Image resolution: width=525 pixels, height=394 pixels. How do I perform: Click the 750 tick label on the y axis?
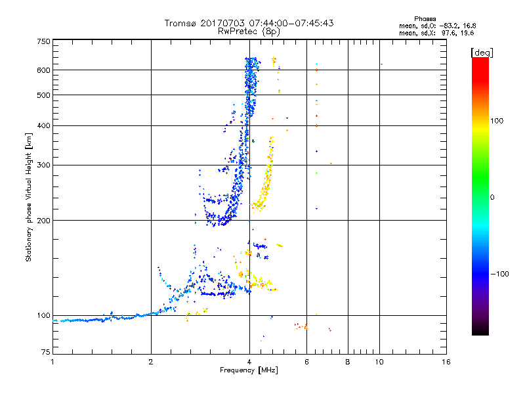click(x=43, y=41)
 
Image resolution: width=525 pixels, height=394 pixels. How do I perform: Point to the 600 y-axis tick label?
click(x=43, y=70)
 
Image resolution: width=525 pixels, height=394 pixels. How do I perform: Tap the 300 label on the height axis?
click(x=43, y=165)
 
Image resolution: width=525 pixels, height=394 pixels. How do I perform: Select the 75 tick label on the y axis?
click(x=45, y=354)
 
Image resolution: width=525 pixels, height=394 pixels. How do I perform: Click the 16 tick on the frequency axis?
click(x=446, y=362)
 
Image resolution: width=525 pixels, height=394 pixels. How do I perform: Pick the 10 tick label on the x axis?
click(x=379, y=362)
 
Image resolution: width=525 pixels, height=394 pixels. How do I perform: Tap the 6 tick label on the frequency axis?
click(x=306, y=362)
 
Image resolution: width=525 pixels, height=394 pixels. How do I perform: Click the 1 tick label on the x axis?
click(x=52, y=362)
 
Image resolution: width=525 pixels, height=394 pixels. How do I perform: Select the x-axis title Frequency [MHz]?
click(x=249, y=370)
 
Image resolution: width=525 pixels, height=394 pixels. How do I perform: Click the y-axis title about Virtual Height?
click(x=29, y=197)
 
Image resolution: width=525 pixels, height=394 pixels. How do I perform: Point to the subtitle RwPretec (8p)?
click(x=249, y=31)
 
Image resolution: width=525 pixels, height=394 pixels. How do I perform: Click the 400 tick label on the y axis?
click(x=43, y=125)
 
